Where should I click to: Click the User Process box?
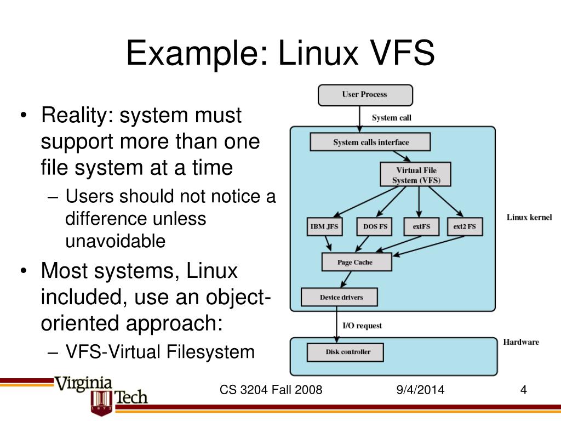pyautogui.click(x=365, y=95)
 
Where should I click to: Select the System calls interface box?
pyautogui.click(x=370, y=142)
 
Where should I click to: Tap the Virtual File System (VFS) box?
pyautogui.click(x=415, y=174)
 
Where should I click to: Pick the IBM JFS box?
pyautogui.click(x=324, y=226)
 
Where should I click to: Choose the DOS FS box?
pyautogui.click(x=375, y=226)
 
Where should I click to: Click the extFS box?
pyautogui.click(x=421, y=226)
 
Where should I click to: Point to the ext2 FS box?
pyautogui.click(x=465, y=226)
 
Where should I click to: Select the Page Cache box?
pyautogui.click(x=357, y=262)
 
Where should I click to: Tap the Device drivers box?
pyautogui.click(x=339, y=297)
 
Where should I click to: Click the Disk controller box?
pyautogui.click(x=345, y=352)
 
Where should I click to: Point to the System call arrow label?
pyautogui.click(x=391, y=118)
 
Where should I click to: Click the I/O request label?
pyautogui.click(x=362, y=326)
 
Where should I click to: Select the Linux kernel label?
pyautogui.click(x=529, y=217)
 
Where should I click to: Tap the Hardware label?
pyautogui.click(x=521, y=342)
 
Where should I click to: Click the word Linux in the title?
pyautogui.click(x=318, y=53)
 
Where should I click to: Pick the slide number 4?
pyautogui.click(x=523, y=390)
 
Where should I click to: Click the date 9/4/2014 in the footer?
pyautogui.click(x=420, y=390)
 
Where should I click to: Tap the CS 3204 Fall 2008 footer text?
pyautogui.click(x=271, y=390)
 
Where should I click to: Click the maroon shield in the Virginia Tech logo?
pyautogui.click(x=102, y=402)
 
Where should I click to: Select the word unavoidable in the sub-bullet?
pyautogui.click(x=115, y=241)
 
